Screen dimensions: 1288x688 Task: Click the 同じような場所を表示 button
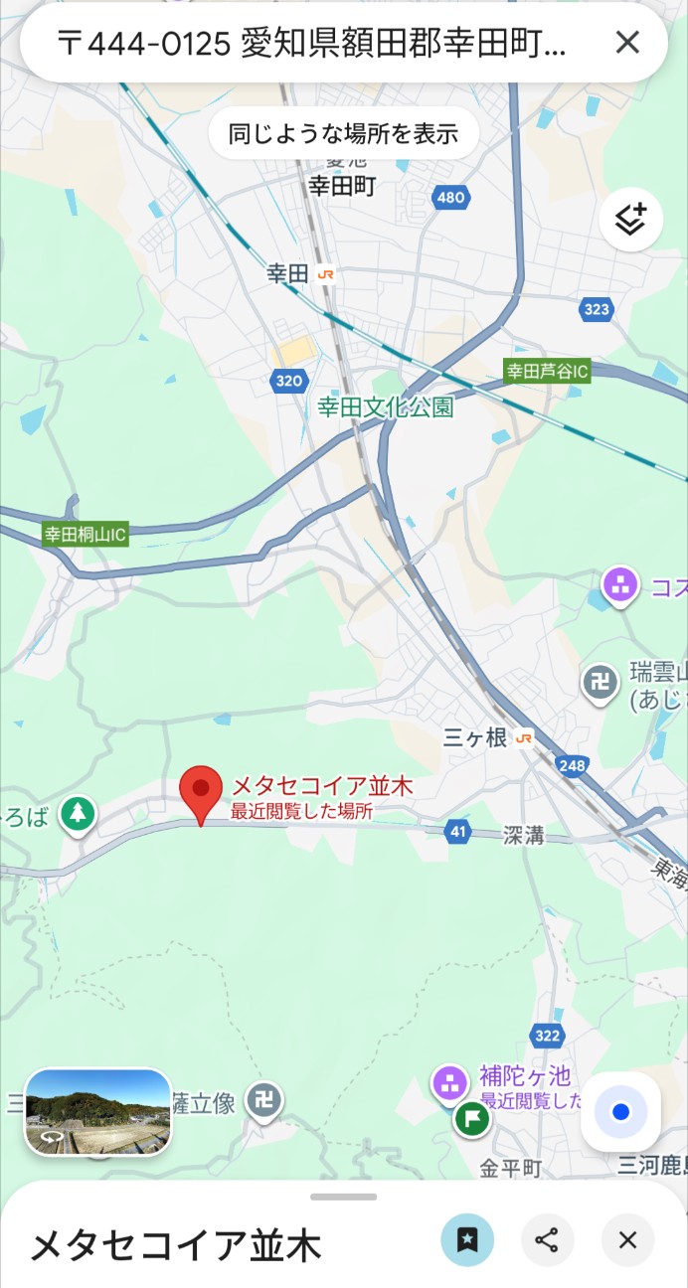[343, 133]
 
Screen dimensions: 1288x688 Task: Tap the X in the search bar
[627, 42]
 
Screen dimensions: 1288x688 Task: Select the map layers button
[630, 220]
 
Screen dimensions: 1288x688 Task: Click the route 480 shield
[450, 197]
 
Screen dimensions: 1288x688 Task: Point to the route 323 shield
[597, 309]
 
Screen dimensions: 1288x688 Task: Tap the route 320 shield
[288, 380]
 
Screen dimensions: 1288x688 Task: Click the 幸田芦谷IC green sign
[547, 372]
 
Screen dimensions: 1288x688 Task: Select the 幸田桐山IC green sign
[86, 535]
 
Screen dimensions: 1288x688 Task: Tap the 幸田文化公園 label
[385, 406]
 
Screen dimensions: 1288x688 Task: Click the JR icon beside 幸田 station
[325, 274]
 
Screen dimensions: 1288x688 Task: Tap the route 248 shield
[572, 764]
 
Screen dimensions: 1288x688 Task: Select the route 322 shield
[547, 1037]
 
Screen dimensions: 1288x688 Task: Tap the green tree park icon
[77, 815]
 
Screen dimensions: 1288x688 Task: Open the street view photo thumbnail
[97, 1112]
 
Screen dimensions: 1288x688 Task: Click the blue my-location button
[620, 1112]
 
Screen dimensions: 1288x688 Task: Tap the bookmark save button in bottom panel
[467, 1239]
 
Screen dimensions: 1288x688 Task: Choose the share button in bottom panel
[547, 1239]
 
